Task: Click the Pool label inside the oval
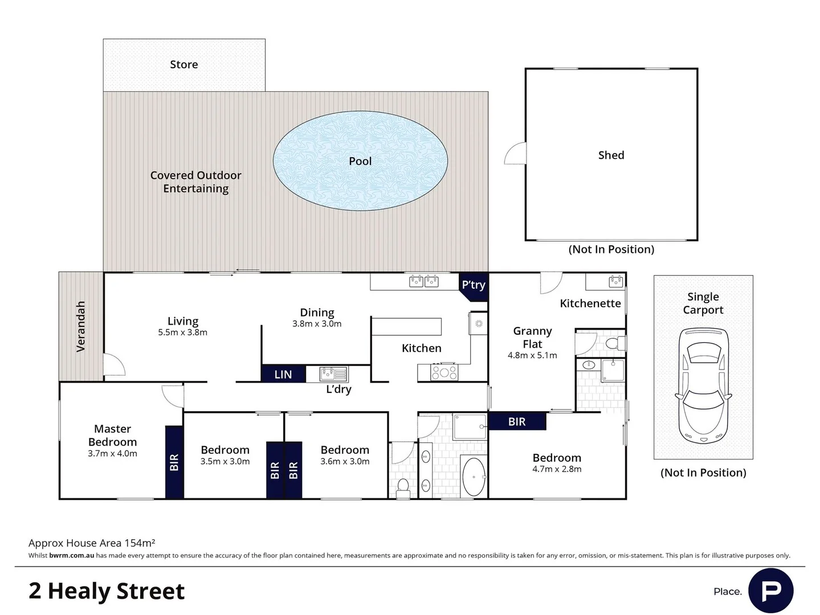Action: (x=360, y=161)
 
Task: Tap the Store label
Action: (x=184, y=64)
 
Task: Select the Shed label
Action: (x=611, y=155)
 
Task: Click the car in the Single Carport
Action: (x=703, y=386)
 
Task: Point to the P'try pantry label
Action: (x=474, y=285)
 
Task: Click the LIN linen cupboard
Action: (x=283, y=374)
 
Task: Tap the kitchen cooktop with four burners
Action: (x=444, y=372)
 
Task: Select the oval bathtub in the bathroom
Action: (x=474, y=477)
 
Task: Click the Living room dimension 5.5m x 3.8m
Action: (x=183, y=333)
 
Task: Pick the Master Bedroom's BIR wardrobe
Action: (x=174, y=462)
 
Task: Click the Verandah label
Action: (x=81, y=326)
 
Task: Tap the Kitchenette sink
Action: (x=615, y=281)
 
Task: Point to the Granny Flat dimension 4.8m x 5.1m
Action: (x=532, y=355)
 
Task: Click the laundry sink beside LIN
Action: (x=333, y=374)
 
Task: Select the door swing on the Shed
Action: (x=515, y=153)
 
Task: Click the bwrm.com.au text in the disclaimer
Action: (x=71, y=555)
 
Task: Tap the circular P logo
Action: (x=771, y=591)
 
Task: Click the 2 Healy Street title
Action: (x=107, y=591)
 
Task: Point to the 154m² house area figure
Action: (x=140, y=543)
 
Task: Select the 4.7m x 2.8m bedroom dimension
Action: (x=557, y=469)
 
